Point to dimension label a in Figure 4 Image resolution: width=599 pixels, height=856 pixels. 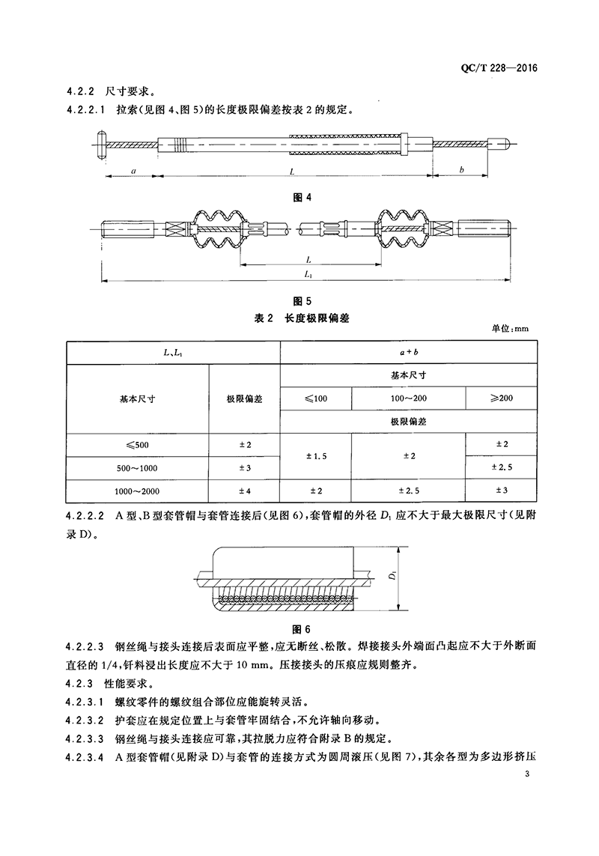tap(133, 170)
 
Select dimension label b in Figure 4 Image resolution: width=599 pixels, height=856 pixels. tap(462, 170)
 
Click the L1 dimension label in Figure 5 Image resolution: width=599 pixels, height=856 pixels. tap(308, 275)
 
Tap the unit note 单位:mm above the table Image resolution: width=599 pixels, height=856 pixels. tap(511, 329)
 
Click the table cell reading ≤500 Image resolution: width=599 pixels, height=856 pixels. tap(138, 445)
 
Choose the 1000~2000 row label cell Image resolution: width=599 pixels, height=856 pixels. tap(138, 491)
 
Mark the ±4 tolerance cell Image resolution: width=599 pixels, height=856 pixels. tap(244, 491)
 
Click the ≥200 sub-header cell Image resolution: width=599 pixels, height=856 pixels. tap(501, 397)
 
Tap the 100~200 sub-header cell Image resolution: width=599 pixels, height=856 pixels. tap(408, 397)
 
